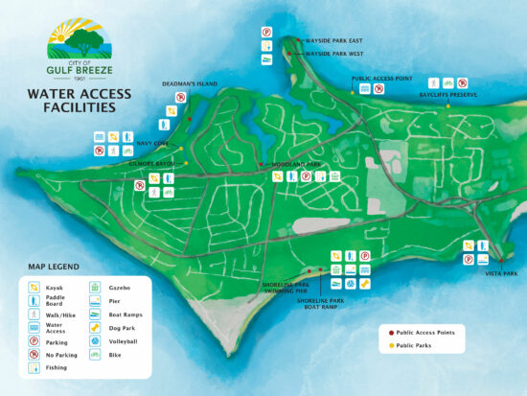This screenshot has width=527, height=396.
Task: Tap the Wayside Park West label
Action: tap(333, 55)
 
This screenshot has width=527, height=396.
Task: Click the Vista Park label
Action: tap(500, 273)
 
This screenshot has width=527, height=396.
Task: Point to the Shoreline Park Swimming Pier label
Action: tap(287, 287)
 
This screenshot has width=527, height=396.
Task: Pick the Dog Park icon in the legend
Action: tap(95, 327)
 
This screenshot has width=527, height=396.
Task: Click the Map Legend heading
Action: tap(54, 267)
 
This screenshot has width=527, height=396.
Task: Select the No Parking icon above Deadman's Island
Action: tap(180, 98)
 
